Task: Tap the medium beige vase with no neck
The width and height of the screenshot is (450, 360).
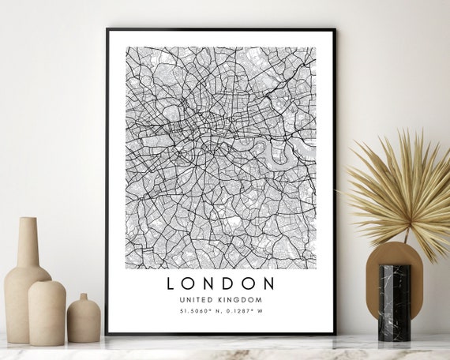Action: click(x=47, y=312)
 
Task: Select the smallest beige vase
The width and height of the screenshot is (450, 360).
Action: click(x=84, y=320)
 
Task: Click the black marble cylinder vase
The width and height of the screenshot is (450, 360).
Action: click(x=394, y=302)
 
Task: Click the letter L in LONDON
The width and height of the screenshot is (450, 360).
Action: click(x=172, y=283)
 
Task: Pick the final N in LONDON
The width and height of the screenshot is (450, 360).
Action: click(x=268, y=283)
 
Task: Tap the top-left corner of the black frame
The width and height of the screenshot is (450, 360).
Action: click(x=107, y=30)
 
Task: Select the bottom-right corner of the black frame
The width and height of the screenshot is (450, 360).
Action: click(x=335, y=332)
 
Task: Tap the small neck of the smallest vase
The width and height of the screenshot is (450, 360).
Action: click(x=84, y=298)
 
